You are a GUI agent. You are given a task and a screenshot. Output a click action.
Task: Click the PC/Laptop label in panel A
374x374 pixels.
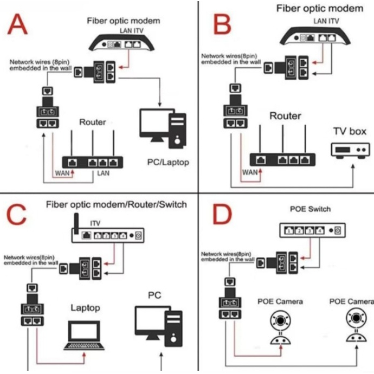[x=169, y=162]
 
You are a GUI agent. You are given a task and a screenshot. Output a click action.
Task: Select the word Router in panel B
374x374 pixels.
[x=285, y=116]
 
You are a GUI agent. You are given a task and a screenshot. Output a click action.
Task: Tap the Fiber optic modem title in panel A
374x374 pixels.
[x=124, y=21]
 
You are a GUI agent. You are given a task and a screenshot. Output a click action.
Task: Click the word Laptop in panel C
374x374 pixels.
[x=86, y=307]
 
